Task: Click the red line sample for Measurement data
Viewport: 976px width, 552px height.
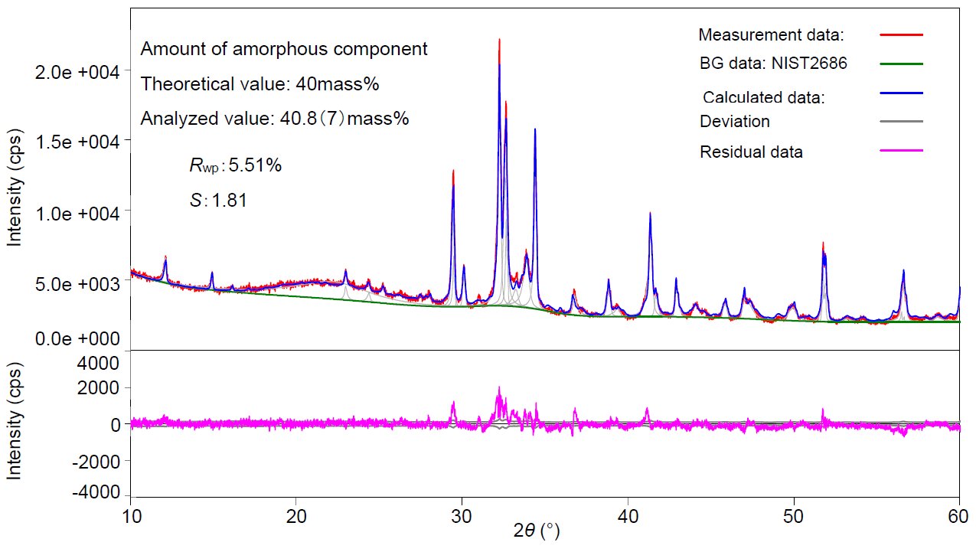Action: tap(902, 35)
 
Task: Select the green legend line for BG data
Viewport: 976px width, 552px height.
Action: tap(902, 64)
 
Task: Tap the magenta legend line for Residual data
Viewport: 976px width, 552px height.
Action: tap(902, 151)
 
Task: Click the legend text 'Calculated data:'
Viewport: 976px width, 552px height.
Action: tap(764, 97)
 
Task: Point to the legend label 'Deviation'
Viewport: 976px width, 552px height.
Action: tap(735, 122)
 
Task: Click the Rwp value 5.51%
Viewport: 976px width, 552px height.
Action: tap(235, 165)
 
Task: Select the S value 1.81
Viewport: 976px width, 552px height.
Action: tap(217, 201)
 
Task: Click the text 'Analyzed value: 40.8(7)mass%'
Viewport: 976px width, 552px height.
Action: tap(275, 119)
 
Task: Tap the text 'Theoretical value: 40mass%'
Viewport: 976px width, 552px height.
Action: tap(260, 84)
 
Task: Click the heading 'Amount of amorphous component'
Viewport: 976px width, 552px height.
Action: tap(284, 49)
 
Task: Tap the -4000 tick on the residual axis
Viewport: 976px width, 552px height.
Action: tap(96, 492)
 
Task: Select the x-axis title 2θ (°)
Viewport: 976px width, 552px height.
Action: tap(536, 531)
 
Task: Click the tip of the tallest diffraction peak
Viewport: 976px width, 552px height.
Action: tap(499, 39)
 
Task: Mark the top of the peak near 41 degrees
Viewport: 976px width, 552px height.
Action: tap(650, 213)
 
